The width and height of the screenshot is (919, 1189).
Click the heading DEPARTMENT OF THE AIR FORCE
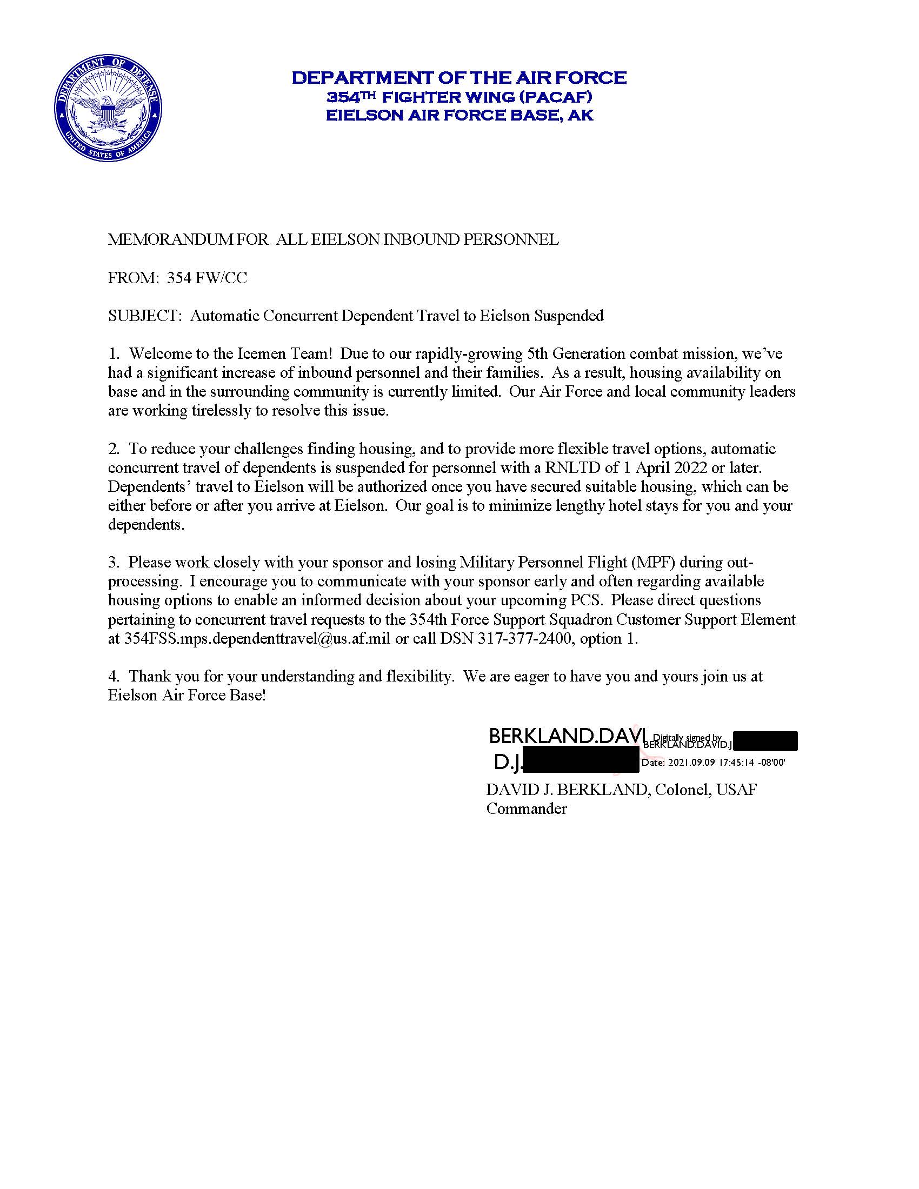tap(459, 77)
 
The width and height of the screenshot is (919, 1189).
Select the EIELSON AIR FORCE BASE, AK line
tap(459, 116)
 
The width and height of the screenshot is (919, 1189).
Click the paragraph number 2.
tap(113, 449)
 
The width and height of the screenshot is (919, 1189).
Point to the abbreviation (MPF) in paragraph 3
tap(652, 563)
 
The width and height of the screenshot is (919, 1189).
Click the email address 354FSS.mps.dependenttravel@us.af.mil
tap(257, 639)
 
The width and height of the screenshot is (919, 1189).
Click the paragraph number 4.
tap(113, 677)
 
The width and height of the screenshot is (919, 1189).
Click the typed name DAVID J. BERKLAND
tap(566, 790)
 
